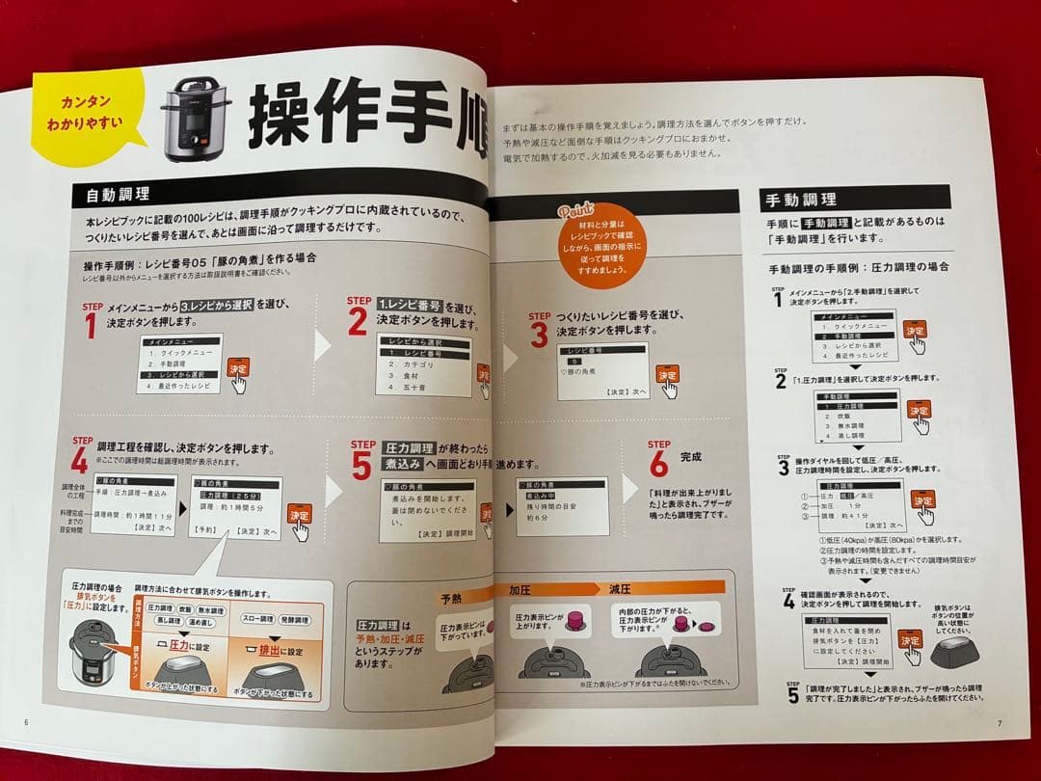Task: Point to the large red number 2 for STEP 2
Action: pyautogui.click(x=358, y=322)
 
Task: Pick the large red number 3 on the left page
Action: pyautogui.click(x=539, y=334)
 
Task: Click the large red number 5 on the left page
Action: pyautogui.click(x=361, y=467)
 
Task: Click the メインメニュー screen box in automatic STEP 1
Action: pyautogui.click(x=179, y=364)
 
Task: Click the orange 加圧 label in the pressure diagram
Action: pyautogui.click(x=523, y=589)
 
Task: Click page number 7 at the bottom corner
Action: pyautogui.click(x=1000, y=723)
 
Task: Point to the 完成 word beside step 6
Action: pyautogui.click(x=691, y=456)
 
